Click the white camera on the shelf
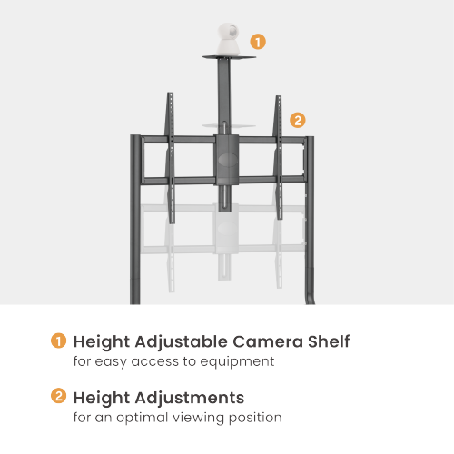[229, 39]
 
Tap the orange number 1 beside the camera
[258, 42]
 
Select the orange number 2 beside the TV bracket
[298, 120]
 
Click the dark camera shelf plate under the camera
[229, 57]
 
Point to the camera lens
[233, 31]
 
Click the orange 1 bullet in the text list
[58, 340]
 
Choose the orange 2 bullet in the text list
[58, 396]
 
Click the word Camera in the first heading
[268, 341]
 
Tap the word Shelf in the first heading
[329, 341]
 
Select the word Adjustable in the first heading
[182, 341]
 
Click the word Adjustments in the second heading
[190, 398]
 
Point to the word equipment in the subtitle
[237, 362]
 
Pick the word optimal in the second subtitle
[143, 418]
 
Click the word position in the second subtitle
[255, 418]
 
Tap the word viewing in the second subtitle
[198, 418]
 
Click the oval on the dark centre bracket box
[228, 160]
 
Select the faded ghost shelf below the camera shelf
[229, 125]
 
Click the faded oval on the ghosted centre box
[227, 229]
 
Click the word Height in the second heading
[102, 398]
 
